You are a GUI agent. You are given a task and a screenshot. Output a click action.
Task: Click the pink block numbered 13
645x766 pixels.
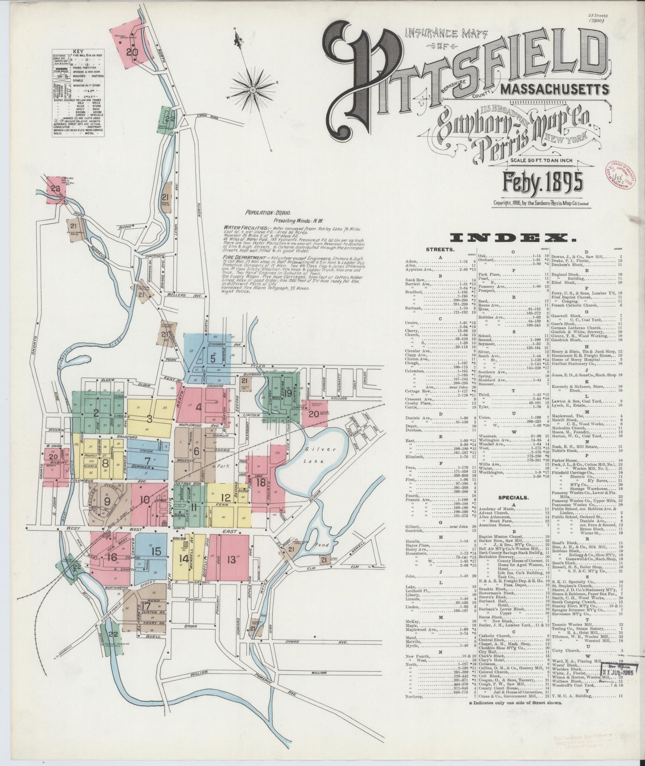tap(231, 559)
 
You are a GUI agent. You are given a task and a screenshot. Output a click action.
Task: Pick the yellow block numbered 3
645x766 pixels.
tap(150, 418)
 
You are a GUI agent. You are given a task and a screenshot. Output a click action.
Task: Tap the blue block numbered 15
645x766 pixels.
tap(156, 551)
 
